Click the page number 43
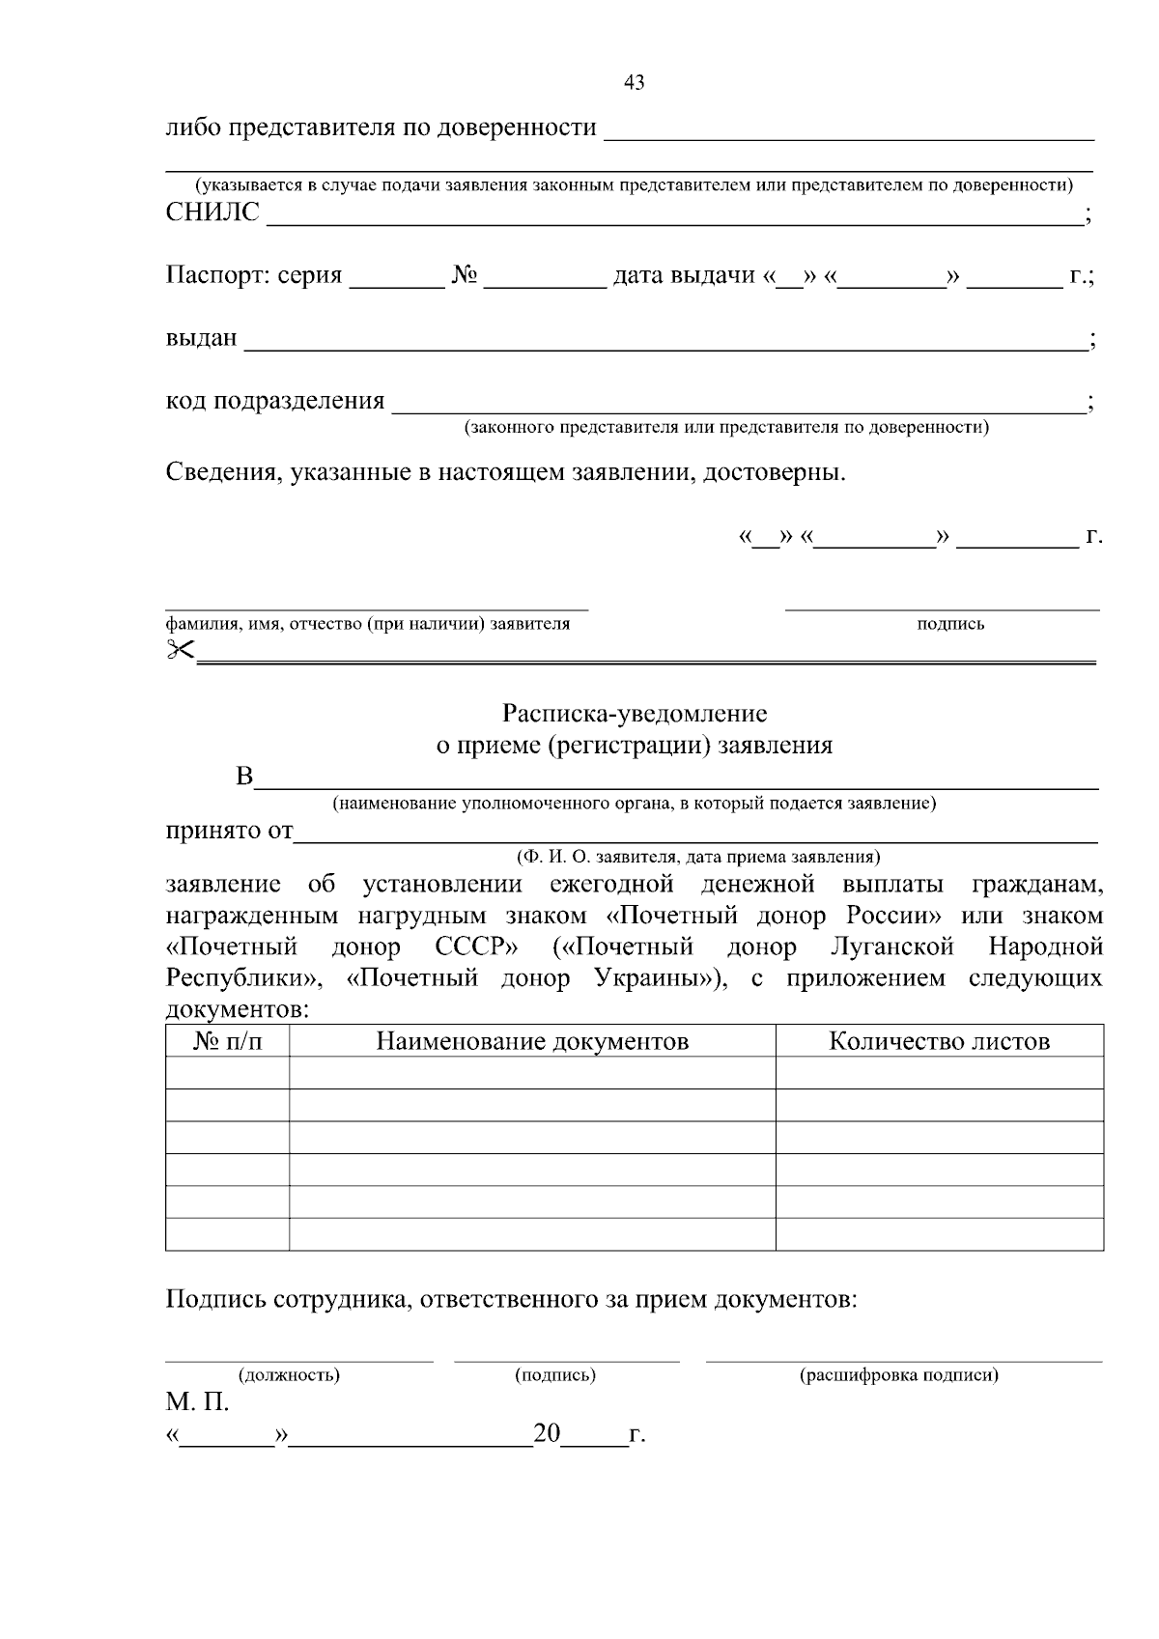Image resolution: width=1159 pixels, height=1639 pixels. click(x=635, y=83)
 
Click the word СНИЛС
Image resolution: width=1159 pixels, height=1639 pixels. click(x=213, y=212)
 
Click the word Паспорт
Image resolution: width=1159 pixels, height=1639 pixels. click(x=217, y=276)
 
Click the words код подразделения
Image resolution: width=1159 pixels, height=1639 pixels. click(x=275, y=401)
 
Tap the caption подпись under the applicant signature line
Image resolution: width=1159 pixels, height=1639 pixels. click(x=950, y=624)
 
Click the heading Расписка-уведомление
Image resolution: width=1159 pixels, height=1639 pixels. click(x=635, y=714)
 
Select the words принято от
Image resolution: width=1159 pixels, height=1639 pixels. click(x=229, y=832)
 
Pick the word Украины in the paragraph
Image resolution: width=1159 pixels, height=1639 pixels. click(x=653, y=978)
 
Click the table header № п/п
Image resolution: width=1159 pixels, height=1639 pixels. click(x=228, y=1041)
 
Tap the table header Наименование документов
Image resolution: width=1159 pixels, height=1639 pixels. click(x=532, y=1041)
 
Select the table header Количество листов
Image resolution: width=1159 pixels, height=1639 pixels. click(x=939, y=1041)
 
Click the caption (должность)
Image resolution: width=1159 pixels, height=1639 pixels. click(x=289, y=1375)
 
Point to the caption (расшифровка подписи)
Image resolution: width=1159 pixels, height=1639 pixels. click(x=899, y=1375)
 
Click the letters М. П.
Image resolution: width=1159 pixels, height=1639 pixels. click(x=197, y=1402)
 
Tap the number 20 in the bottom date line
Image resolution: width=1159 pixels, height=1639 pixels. click(x=547, y=1434)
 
